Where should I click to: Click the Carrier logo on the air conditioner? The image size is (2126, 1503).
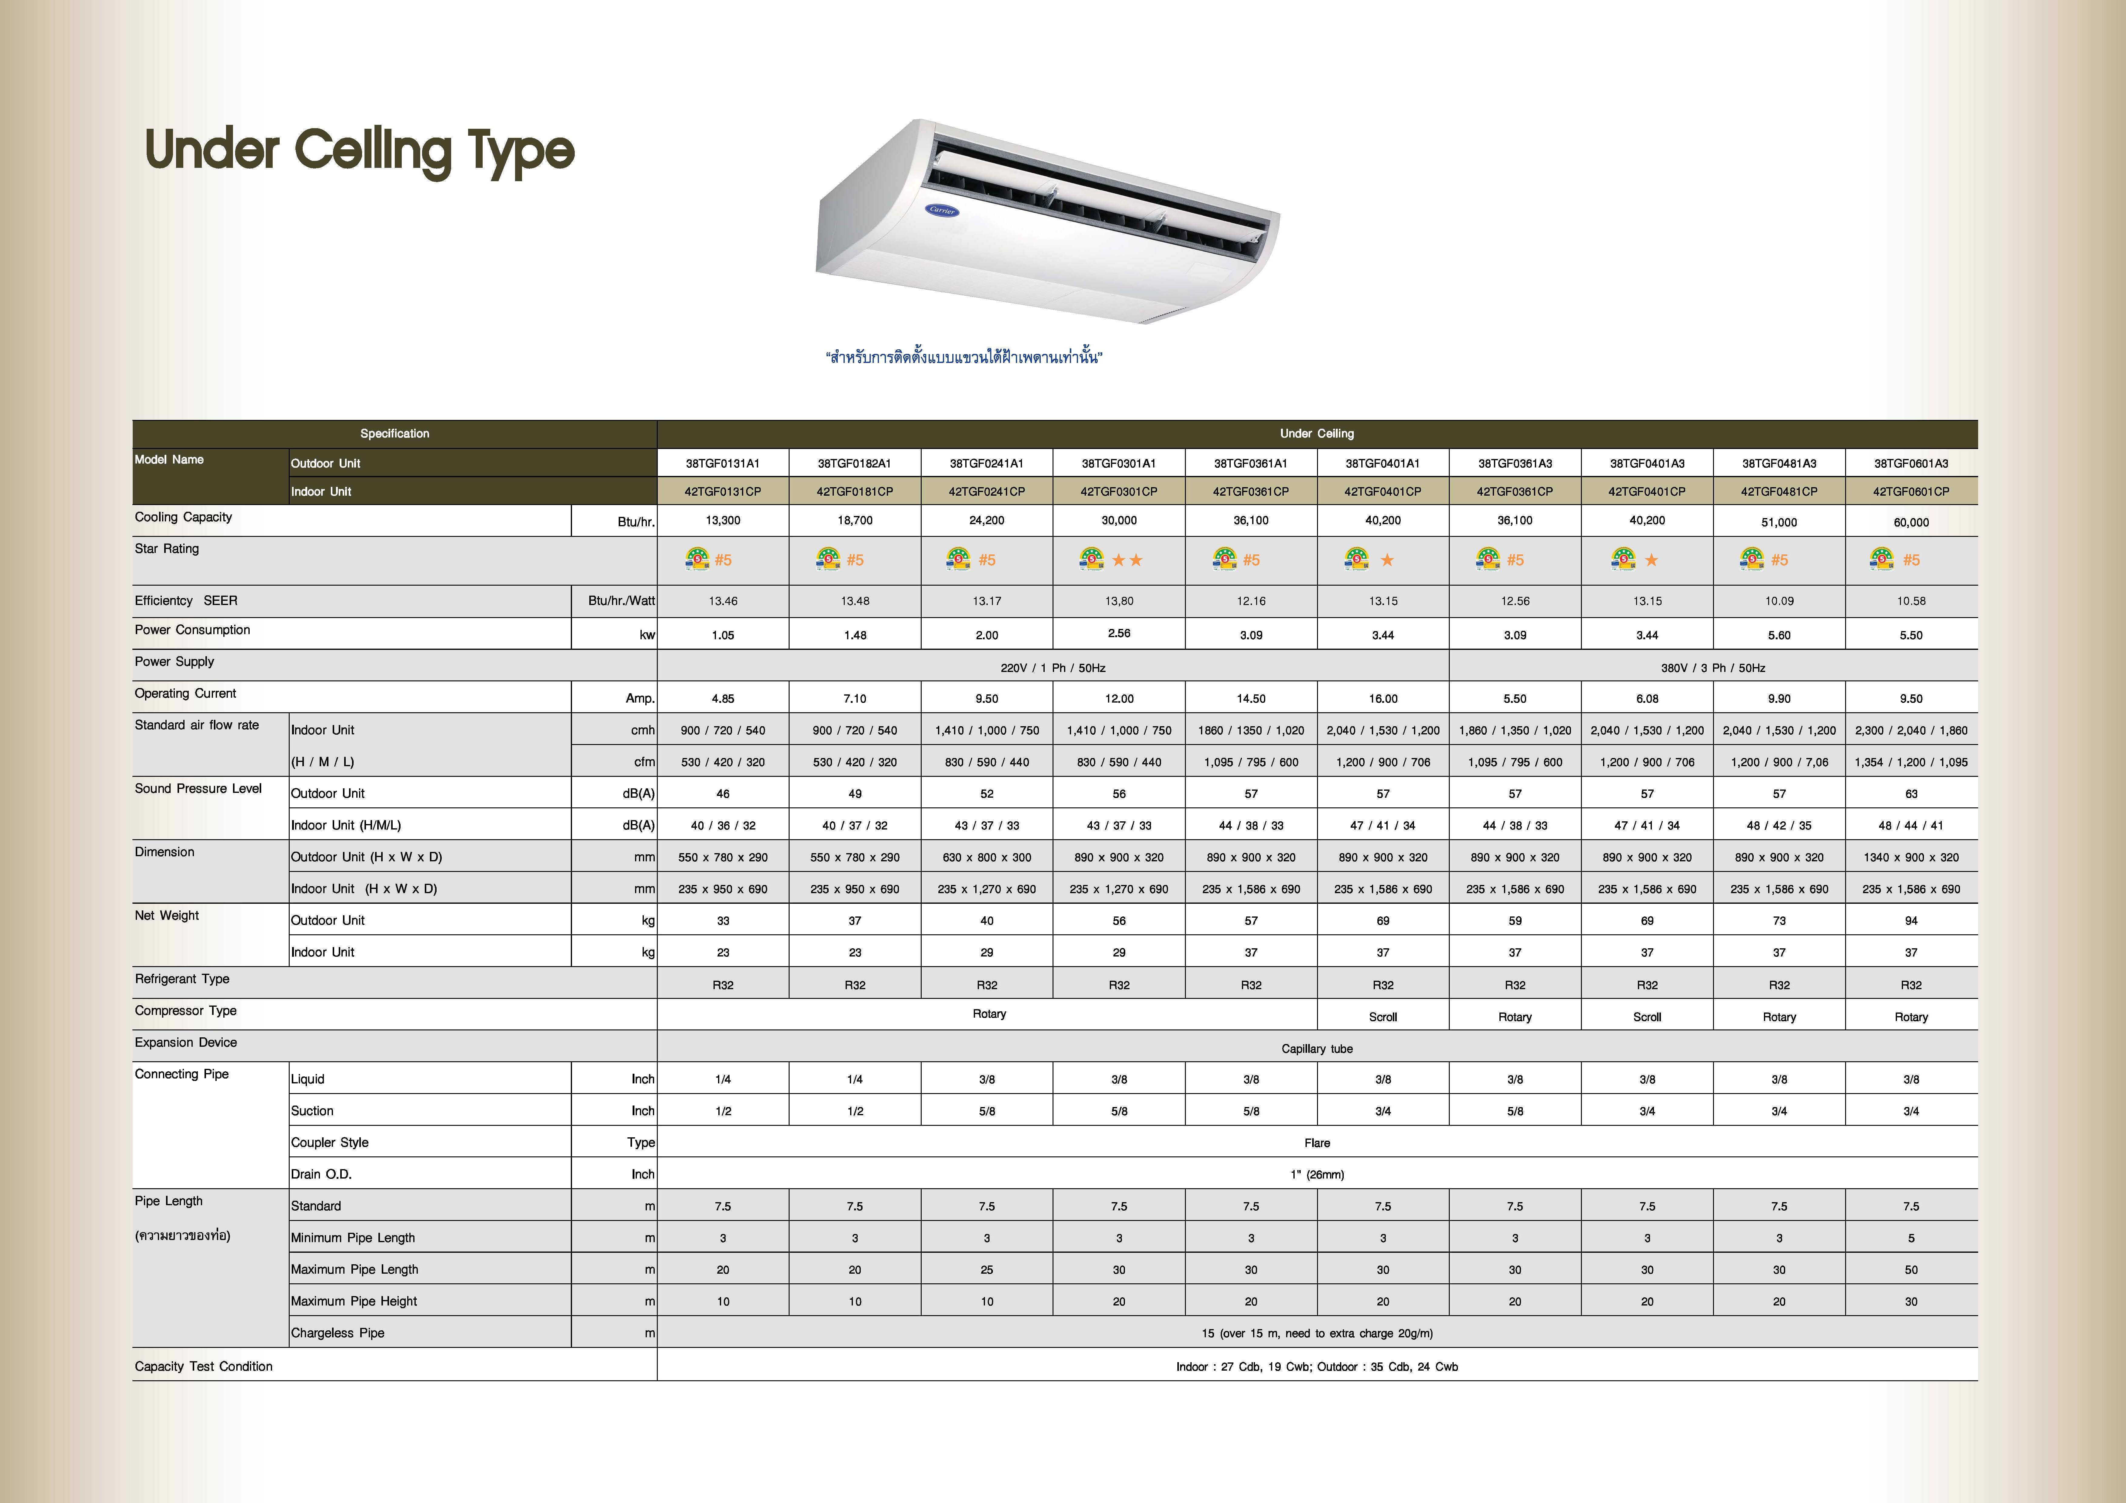coord(942,210)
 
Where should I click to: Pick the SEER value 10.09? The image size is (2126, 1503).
coord(1779,601)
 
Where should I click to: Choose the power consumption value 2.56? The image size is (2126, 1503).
coord(1119,633)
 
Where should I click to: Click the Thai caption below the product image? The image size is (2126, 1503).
coord(963,357)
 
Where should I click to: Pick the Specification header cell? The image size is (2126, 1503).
coord(394,434)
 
